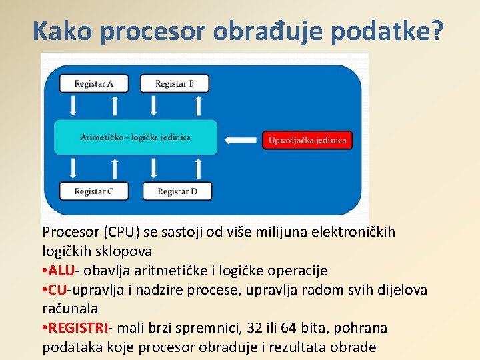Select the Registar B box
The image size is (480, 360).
tap(175, 83)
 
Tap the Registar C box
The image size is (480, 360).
tap(93, 191)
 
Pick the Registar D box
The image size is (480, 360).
tap(177, 191)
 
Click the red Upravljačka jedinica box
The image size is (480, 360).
tap(307, 140)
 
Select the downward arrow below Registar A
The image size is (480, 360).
tap(72, 105)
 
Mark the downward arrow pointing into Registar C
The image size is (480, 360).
tap(72, 168)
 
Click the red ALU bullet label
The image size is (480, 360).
tap(62, 271)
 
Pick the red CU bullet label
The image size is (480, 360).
tap(58, 290)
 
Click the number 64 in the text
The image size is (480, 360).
tap(290, 328)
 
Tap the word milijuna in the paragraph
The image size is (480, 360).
tap(283, 232)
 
